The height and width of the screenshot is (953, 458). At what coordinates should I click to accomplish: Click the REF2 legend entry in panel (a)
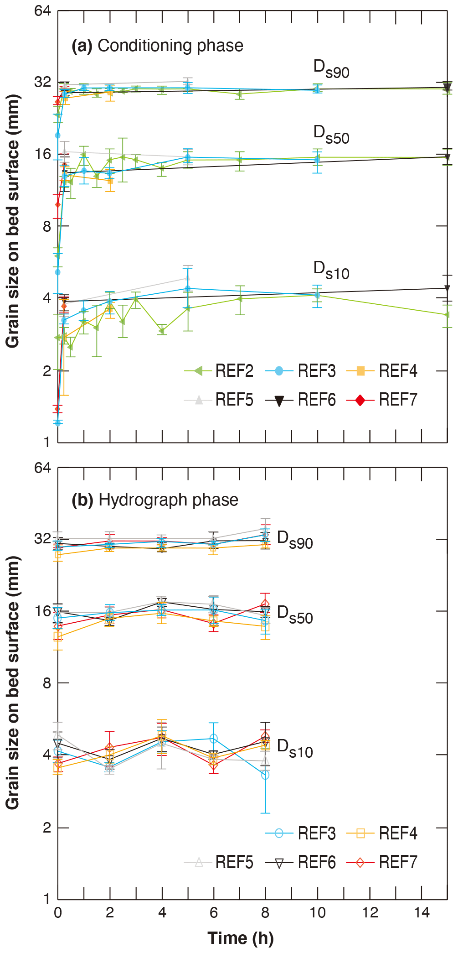219,371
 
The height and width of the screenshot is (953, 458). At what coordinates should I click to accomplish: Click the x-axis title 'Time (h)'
241,938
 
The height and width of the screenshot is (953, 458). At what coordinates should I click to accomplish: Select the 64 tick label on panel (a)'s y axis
43,10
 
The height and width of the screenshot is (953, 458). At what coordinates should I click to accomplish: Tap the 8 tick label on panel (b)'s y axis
46,683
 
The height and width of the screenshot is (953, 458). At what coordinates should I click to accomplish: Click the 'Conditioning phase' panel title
158,46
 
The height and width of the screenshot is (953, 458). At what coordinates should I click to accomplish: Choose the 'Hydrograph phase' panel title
155,500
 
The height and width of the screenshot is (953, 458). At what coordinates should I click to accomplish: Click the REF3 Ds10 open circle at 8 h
265,775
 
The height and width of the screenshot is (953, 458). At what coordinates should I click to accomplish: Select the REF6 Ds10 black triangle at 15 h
447,288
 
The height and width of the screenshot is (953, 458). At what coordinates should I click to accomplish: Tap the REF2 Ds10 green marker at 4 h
162,331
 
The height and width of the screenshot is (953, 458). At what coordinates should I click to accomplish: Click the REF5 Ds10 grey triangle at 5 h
188,278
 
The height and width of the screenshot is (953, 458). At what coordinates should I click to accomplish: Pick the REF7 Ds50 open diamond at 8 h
265,605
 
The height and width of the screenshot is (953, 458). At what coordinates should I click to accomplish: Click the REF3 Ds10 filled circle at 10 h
317,295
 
